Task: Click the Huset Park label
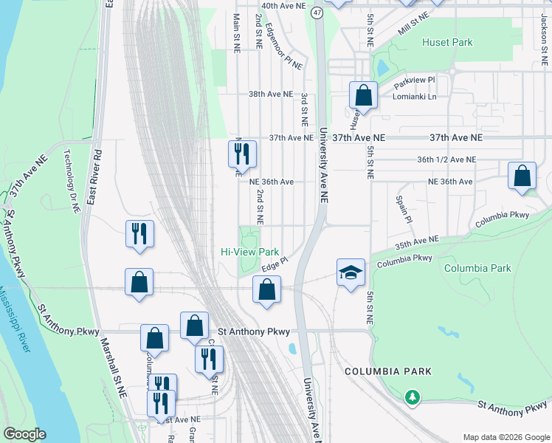[x=447, y=42]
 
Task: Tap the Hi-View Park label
[x=249, y=252]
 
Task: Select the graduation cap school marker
[x=351, y=272]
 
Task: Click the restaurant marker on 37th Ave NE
[x=242, y=154]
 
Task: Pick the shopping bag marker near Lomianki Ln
[x=363, y=95]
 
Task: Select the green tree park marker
[x=412, y=397]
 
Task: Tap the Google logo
[x=24, y=434]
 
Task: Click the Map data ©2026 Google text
[x=506, y=437]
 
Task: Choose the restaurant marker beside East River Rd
[x=139, y=234]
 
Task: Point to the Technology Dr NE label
[x=72, y=180]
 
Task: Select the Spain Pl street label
[x=403, y=209]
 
